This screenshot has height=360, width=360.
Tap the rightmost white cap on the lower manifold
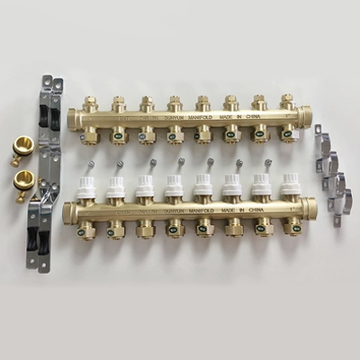[x=290, y=186]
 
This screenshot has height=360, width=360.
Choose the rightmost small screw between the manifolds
[x=269, y=163]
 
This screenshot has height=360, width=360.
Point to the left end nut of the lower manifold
[x=68, y=213]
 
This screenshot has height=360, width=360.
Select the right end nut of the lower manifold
[x=311, y=211]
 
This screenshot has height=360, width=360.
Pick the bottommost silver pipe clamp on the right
[x=335, y=211]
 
